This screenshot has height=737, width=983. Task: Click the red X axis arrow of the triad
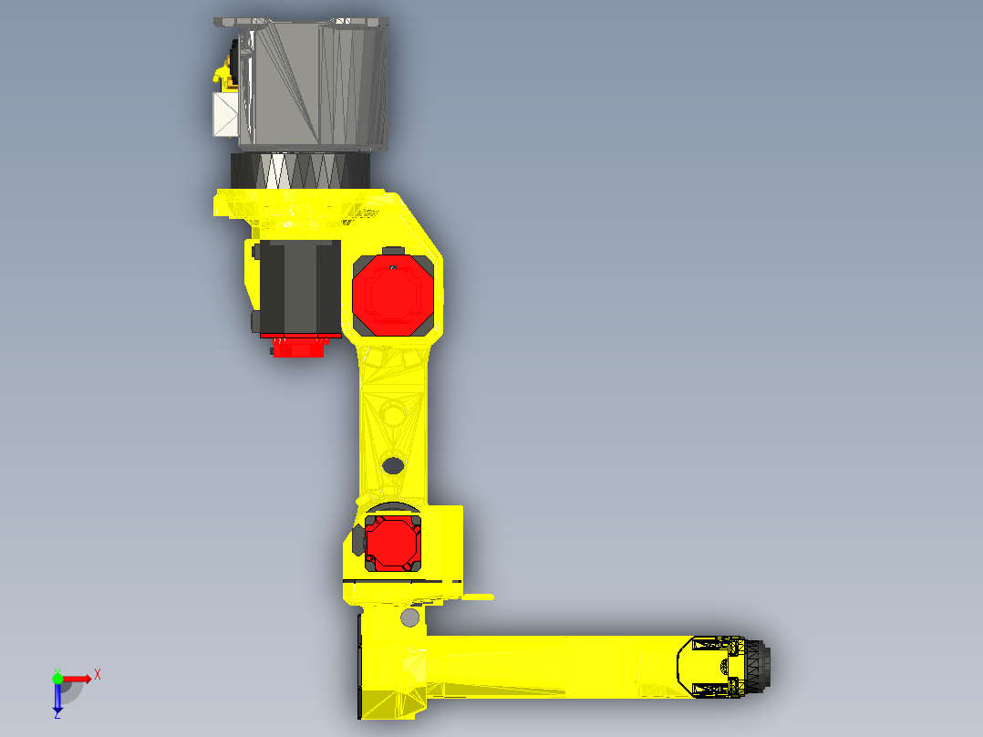[80, 679]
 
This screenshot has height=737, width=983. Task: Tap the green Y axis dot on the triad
[57, 678]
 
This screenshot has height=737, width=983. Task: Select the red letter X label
[97, 674]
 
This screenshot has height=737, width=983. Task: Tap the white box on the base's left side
[224, 115]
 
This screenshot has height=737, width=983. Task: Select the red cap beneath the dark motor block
[298, 347]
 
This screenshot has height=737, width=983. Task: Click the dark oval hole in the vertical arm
[393, 466]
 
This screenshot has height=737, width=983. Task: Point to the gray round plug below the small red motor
[409, 619]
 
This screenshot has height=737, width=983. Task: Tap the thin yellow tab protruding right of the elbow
[478, 597]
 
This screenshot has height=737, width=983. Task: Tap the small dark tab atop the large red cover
[393, 252]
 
